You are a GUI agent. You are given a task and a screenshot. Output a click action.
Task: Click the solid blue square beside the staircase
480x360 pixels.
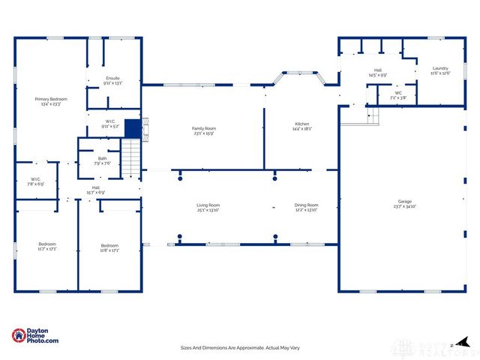point(133,129)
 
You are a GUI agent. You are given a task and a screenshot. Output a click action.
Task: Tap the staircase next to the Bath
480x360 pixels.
point(132,157)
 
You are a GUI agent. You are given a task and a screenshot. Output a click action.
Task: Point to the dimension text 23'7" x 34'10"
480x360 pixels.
point(404,206)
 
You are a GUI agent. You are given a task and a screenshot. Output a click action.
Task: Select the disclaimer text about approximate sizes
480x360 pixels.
point(239,347)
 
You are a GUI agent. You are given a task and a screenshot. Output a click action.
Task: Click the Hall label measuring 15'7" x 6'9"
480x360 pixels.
point(96,190)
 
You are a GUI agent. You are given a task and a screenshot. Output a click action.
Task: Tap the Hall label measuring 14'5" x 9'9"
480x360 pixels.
point(377,73)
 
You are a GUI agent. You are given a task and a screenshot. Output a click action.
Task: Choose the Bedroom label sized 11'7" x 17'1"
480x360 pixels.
point(47,245)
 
